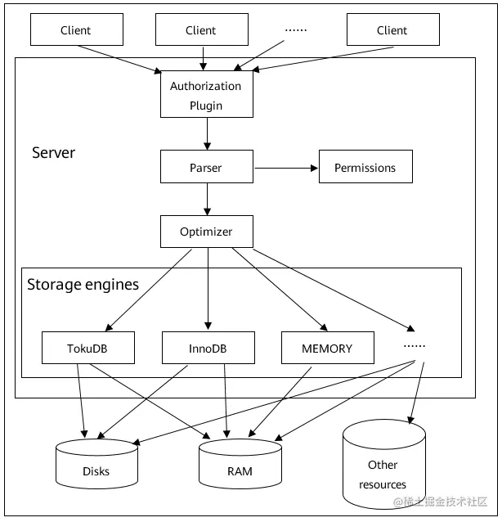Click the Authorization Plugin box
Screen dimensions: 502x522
(207, 94)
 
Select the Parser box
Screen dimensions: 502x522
(207, 166)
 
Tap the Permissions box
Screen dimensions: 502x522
(365, 166)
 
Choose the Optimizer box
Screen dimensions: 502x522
(207, 232)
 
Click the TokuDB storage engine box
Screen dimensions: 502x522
(88, 348)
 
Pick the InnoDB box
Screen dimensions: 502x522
(208, 348)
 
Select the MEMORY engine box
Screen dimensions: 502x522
(328, 348)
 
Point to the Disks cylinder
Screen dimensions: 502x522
(96, 464)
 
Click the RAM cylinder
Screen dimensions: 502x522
(240, 464)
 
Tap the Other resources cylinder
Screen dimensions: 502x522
(384, 464)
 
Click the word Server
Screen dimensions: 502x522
(54, 153)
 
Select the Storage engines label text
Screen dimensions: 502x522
(83, 285)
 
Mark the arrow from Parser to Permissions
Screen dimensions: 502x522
(286, 168)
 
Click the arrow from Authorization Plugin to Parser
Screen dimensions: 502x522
(207, 134)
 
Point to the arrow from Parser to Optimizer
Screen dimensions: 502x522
(207, 199)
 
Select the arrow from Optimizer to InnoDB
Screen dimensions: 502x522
(208, 289)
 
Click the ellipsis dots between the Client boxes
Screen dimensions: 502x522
(296, 30)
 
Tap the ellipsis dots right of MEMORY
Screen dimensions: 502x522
(415, 346)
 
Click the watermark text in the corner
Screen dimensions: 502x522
(440, 502)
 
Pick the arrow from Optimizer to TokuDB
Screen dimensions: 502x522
(148, 290)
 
